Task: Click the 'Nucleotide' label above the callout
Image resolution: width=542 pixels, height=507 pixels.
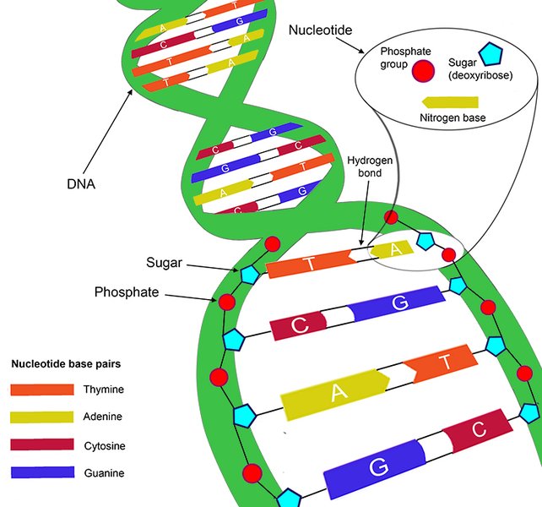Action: (x=320, y=30)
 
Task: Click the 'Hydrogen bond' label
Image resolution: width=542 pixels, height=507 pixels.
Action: (x=365, y=166)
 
